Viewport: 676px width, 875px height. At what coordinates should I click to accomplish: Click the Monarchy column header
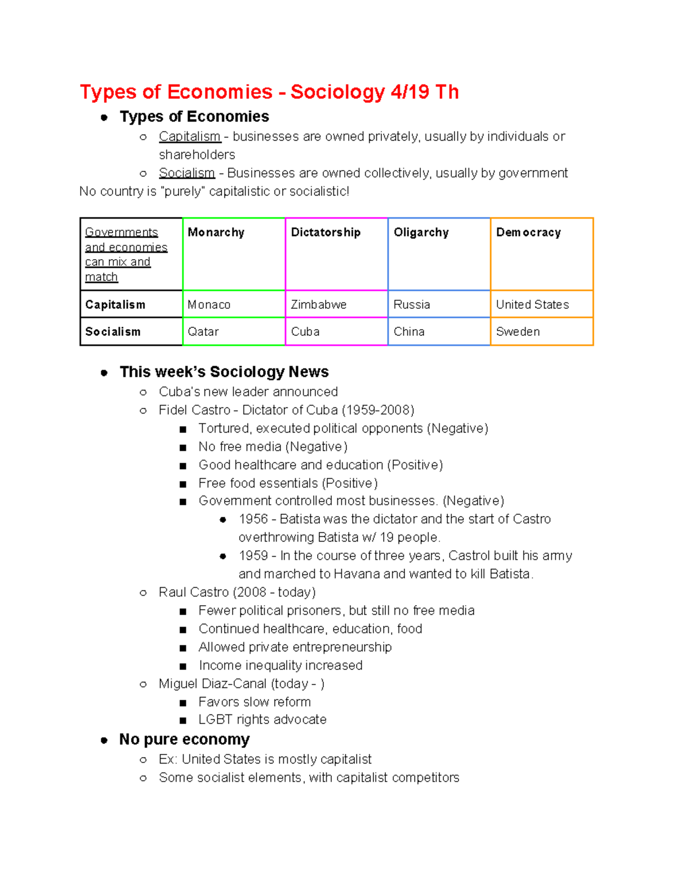click(x=216, y=233)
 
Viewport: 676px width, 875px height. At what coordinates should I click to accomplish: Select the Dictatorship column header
click(x=326, y=233)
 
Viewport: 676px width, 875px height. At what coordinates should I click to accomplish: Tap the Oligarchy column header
click(x=421, y=233)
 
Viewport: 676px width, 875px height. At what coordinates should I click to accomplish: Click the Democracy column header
click(x=528, y=233)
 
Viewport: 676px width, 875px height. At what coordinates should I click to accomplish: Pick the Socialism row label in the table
click(x=113, y=332)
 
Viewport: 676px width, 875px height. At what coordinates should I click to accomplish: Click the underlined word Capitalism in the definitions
click(x=189, y=137)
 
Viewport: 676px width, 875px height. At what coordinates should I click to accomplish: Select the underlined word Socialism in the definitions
click(x=186, y=173)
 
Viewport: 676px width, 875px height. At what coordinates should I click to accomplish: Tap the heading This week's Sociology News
click(x=224, y=372)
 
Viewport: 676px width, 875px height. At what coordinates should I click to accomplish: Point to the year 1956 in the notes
click(x=253, y=519)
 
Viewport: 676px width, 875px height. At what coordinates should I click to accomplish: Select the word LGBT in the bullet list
click(x=215, y=719)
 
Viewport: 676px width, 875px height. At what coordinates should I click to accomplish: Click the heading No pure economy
click(x=184, y=739)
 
